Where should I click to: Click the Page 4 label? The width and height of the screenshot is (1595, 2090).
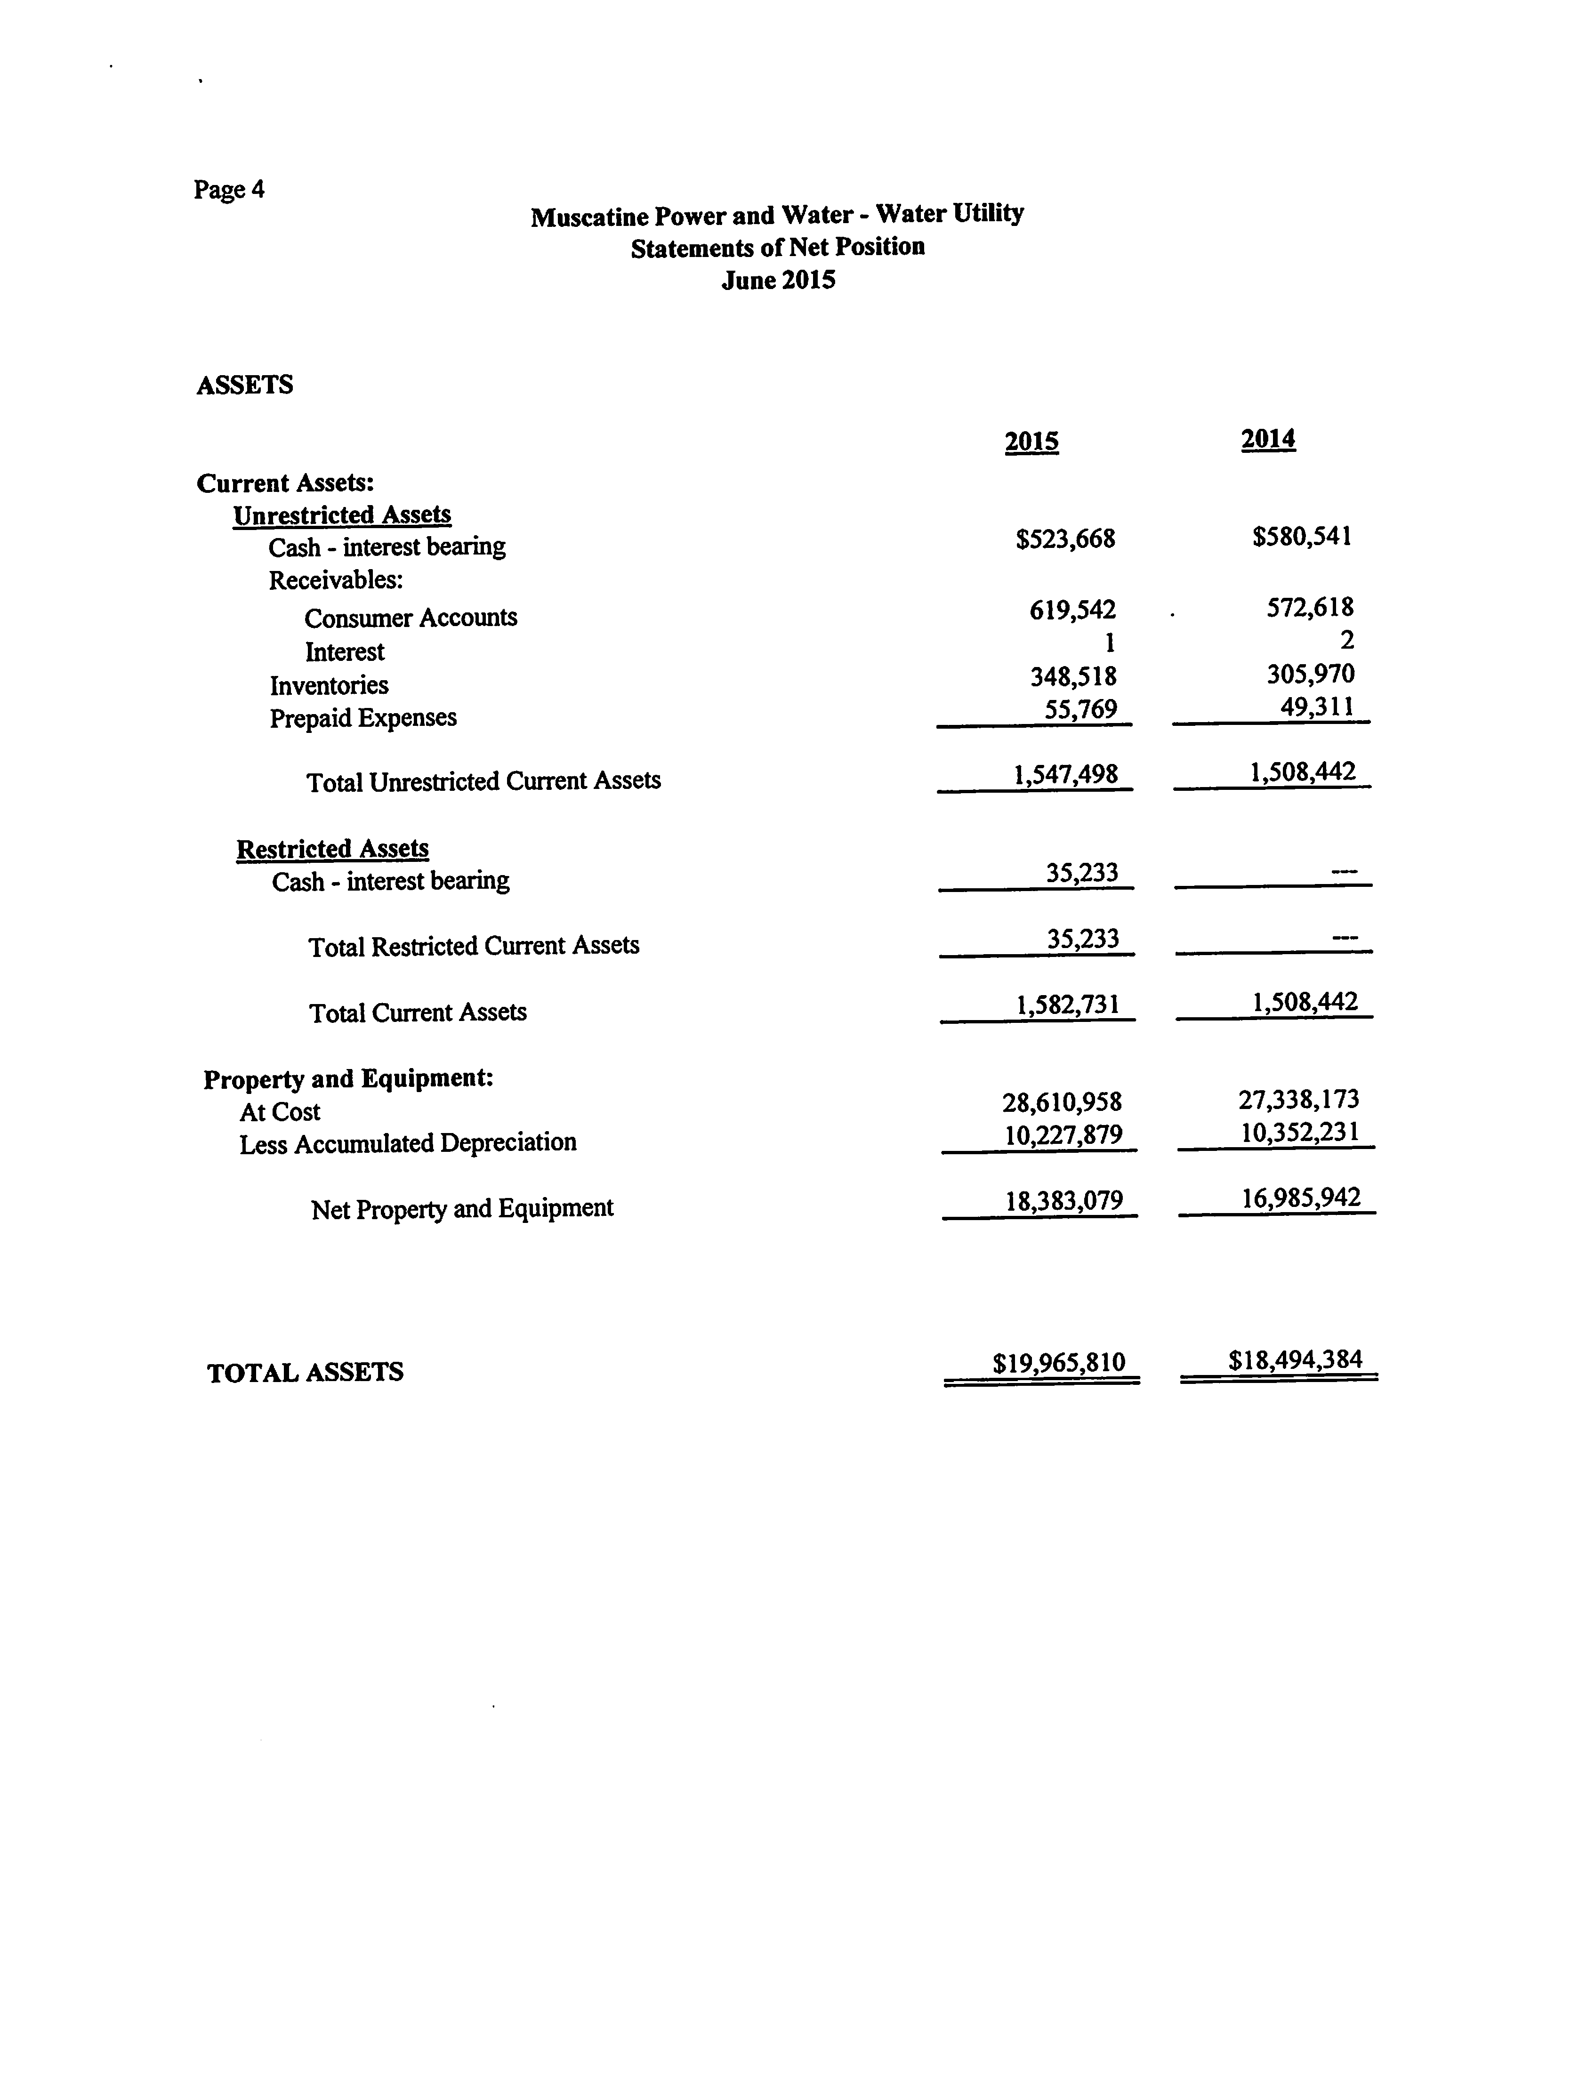[x=229, y=190]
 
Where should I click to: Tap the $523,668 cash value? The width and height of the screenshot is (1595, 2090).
[x=1065, y=539]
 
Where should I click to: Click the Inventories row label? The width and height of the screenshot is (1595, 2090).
[x=329, y=685]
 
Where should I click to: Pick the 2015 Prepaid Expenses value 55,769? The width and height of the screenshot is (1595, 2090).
[x=1080, y=709]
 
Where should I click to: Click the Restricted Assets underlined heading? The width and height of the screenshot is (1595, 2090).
[x=332, y=849]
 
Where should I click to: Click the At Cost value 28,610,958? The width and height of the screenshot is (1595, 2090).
[x=1062, y=1102]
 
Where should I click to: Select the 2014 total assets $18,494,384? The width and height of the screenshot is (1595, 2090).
[x=1295, y=1360]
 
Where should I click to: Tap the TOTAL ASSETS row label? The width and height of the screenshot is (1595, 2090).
[x=305, y=1373]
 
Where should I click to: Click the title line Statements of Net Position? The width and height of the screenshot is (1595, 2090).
[x=778, y=248]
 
